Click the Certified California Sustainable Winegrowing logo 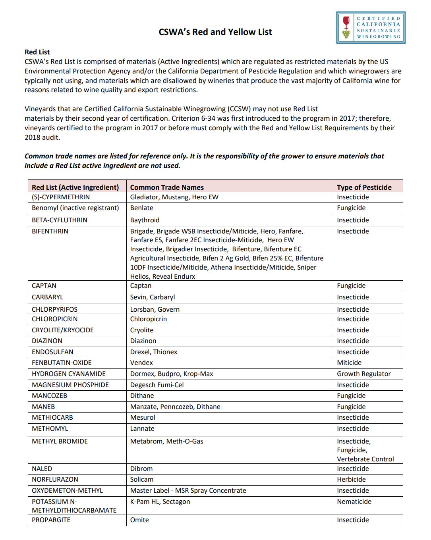pyautogui.click(x=370, y=27)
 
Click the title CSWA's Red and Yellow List pyautogui.click(x=215, y=32)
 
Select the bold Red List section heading pyautogui.click(x=37, y=52)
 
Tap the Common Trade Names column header pyautogui.click(x=167, y=187)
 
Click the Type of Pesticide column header pyautogui.click(x=364, y=187)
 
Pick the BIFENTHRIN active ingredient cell pyautogui.click(x=50, y=231)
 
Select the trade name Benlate pyautogui.click(x=141, y=208)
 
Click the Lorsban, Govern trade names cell pyautogui.click(x=155, y=309)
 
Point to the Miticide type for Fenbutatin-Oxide pyautogui.click(x=349, y=363)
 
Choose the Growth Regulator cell pyautogui.click(x=363, y=374)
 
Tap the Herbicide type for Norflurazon pyautogui.click(x=351, y=479)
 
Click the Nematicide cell pyautogui.click(x=354, y=501)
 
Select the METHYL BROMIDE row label pyautogui.click(x=60, y=441)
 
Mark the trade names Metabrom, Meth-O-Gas pyautogui.click(x=166, y=441)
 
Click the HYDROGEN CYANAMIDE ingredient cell pyautogui.click(x=69, y=374)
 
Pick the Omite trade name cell pyautogui.click(x=139, y=520)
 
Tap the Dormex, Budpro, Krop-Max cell pyautogui.click(x=172, y=374)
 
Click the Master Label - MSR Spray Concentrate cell pyautogui.click(x=188, y=490)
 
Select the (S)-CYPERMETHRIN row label pyautogui.click(x=61, y=197)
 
